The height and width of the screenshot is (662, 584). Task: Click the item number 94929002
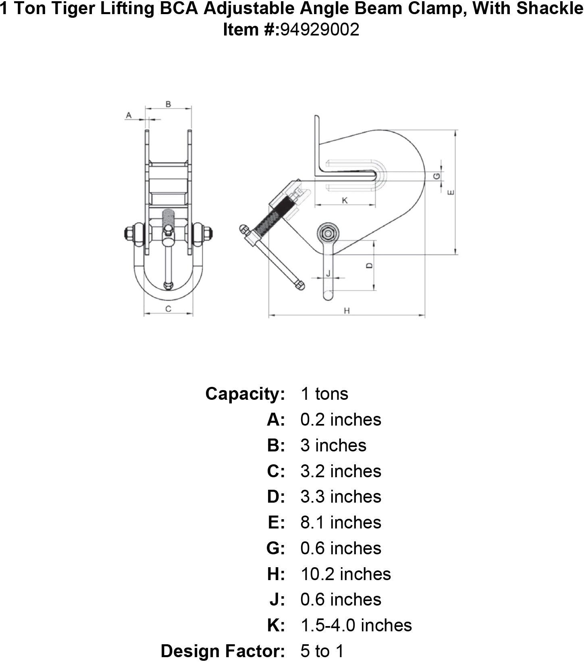coord(319,29)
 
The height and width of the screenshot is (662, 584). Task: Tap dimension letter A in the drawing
coord(129,115)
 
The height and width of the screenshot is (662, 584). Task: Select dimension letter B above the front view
coord(168,104)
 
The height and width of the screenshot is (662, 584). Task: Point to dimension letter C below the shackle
coord(168,309)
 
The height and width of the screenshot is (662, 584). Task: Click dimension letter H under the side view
coord(347,310)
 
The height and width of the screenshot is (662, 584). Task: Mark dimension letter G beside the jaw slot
coord(436,176)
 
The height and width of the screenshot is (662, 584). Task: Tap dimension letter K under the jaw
coord(345,200)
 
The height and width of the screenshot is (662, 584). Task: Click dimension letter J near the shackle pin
coord(328,273)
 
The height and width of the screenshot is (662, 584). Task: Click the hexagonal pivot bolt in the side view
coord(326,233)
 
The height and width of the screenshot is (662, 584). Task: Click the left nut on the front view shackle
coord(130,234)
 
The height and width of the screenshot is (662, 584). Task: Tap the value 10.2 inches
coord(345,574)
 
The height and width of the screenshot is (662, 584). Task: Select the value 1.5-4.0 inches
coord(356,625)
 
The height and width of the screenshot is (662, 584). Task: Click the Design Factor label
coord(223,651)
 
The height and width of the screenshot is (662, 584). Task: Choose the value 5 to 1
coord(322,651)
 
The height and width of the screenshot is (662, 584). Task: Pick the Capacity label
coord(245,394)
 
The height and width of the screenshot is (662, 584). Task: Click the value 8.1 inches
coord(341,522)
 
